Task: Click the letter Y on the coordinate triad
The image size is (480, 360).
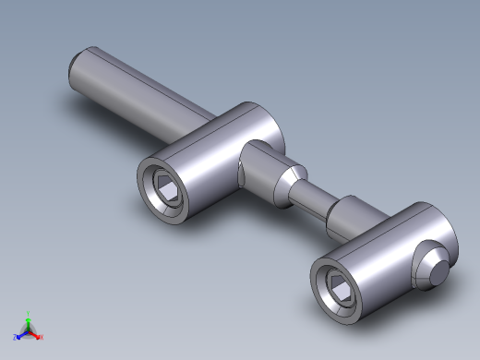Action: point(28,313)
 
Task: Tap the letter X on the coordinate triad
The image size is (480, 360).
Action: point(42,338)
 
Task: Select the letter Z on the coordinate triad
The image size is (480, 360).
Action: point(14,338)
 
